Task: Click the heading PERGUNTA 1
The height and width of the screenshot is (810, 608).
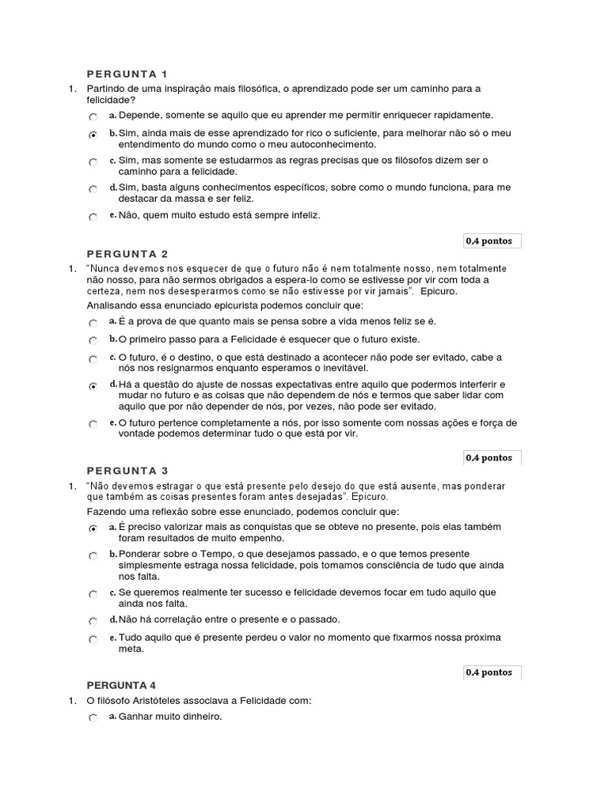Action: [x=127, y=74]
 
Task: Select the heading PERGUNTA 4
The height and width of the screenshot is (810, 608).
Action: [x=127, y=685]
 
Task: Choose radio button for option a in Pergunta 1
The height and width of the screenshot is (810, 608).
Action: [x=93, y=116]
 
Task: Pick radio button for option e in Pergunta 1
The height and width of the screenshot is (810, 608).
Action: [x=93, y=217]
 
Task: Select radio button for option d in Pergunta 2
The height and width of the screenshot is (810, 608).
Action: [x=93, y=386]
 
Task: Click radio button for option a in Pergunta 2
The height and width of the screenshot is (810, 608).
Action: [x=93, y=323]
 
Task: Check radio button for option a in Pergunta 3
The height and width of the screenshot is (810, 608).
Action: [x=93, y=528]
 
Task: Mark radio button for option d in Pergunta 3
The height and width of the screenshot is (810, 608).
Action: [x=93, y=622]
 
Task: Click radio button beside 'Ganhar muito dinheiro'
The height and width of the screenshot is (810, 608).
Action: [x=93, y=718]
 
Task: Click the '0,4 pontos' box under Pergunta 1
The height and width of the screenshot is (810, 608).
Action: [x=489, y=240]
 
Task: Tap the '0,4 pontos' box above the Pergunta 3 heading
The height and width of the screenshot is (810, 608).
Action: [x=489, y=457]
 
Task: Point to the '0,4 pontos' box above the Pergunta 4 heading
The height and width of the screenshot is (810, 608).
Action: [x=489, y=672]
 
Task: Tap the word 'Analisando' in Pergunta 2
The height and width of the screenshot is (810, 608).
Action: [x=112, y=305]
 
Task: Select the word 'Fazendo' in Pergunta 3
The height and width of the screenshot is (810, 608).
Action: [x=105, y=512]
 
